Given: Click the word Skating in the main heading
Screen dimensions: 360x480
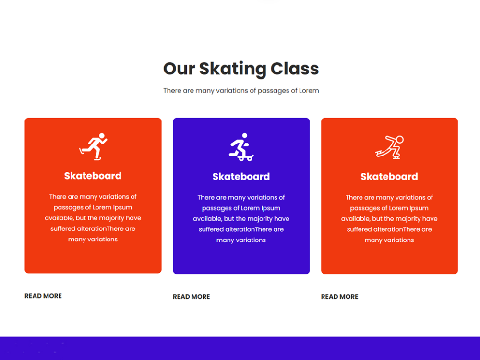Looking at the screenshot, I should [x=233, y=69].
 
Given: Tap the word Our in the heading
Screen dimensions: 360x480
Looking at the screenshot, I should [x=179, y=69].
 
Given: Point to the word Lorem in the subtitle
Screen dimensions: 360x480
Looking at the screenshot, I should [x=309, y=90].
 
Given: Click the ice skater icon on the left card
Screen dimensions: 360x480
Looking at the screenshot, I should [x=93, y=146].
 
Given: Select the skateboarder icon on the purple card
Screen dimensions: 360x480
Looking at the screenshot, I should [x=241, y=147].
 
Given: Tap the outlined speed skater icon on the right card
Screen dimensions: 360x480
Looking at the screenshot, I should [x=389, y=147].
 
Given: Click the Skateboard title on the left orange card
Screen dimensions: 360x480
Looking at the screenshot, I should [x=93, y=176].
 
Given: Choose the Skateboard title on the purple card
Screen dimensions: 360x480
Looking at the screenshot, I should [x=241, y=177].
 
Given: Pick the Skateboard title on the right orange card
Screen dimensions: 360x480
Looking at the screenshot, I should [x=389, y=177].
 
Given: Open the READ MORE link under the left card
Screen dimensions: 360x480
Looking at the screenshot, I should [x=43, y=296].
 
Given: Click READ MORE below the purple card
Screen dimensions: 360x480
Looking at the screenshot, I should [x=192, y=297].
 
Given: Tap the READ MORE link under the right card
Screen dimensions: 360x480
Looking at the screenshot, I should [x=339, y=297].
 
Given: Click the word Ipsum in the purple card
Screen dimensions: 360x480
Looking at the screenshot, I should [x=271, y=208].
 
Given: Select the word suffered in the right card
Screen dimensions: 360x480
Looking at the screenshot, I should [x=359, y=229].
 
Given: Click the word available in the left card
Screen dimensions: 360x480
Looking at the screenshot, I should [x=59, y=218].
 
